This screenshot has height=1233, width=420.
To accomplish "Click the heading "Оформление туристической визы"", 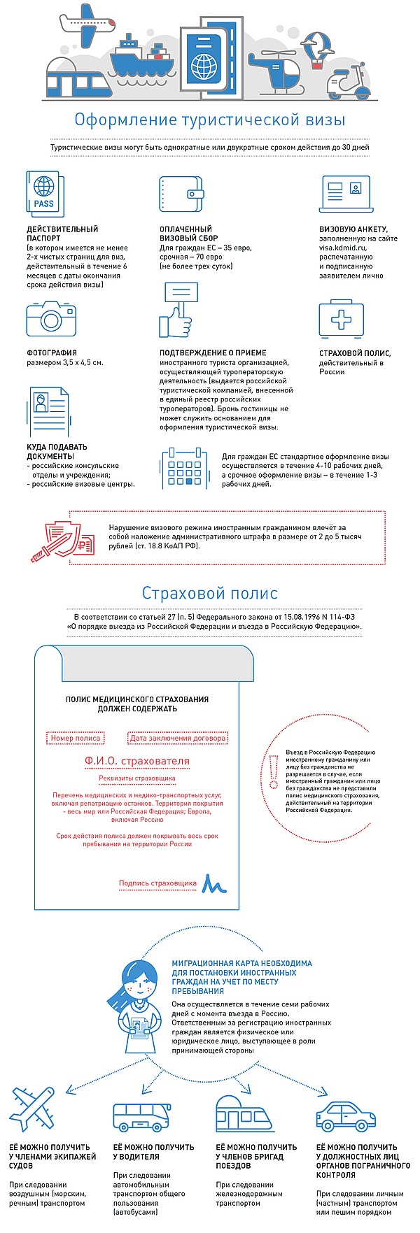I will [210, 120].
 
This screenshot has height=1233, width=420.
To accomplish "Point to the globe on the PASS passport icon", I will [44, 186].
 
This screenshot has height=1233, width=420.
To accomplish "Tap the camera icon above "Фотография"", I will [51, 319].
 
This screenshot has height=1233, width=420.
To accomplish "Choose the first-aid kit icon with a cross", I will [341, 320].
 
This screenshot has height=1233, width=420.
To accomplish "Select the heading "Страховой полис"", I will [210, 593].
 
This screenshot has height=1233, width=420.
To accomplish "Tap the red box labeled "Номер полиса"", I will [77, 738].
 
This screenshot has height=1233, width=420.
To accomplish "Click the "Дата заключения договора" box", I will [178, 738].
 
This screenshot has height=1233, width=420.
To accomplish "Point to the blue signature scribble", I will [213, 884].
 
